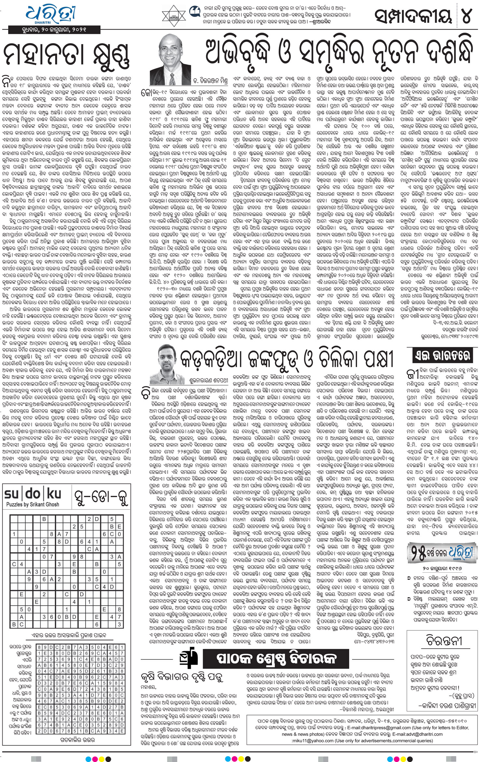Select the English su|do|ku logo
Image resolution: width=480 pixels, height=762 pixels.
(x=33, y=494)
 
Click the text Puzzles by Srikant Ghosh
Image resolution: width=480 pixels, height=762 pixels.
(x=33, y=504)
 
